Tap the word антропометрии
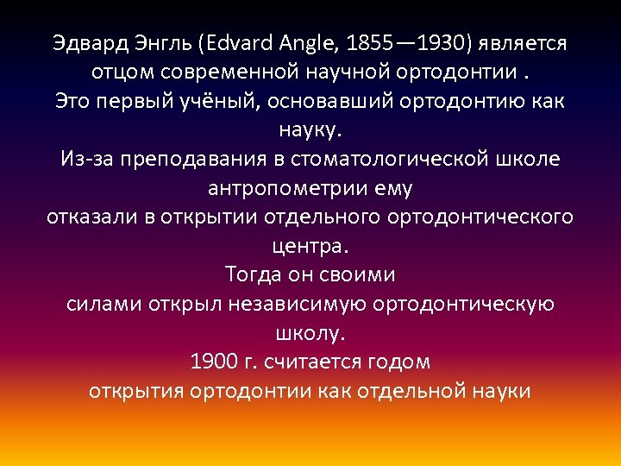coord(275,188)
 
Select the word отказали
coord(90,217)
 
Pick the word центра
coord(310,246)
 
